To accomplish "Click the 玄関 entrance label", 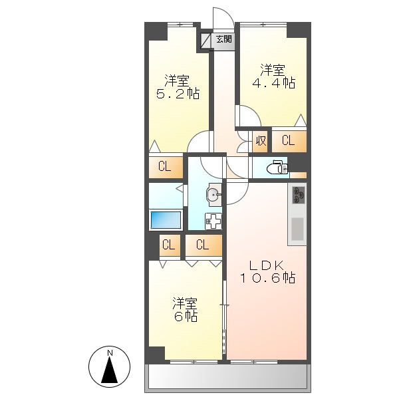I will tap(224, 40).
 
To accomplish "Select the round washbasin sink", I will tap(213, 195).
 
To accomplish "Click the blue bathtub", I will tap(164, 219).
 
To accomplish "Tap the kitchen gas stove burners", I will tap(298, 196).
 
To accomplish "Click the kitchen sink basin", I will tap(297, 229).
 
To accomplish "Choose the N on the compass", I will tap(111, 352).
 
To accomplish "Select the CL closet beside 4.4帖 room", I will tap(288, 140).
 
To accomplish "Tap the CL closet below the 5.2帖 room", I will tap(165, 166).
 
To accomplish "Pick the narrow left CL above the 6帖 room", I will tap(169, 245).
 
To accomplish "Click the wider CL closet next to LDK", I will tap(203, 245).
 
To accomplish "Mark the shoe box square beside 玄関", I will tap(205, 40).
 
